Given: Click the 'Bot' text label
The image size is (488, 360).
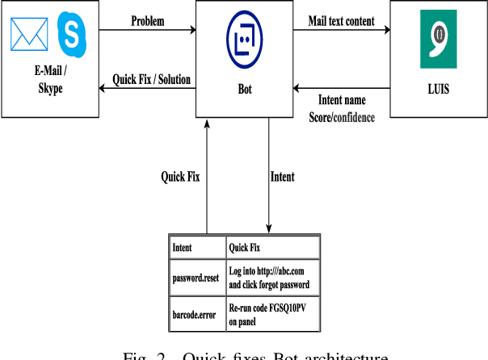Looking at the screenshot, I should [x=242, y=89].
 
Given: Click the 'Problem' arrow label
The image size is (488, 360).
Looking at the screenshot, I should [x=148, y=21].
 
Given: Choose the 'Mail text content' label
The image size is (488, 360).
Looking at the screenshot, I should [x=342, y=21].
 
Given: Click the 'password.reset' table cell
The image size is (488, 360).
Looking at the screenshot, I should [x=196, y=278].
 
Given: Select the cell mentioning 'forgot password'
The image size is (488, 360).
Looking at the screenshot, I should [x=272, y=278].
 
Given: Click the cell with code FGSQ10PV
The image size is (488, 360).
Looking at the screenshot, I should [x=272, y=314].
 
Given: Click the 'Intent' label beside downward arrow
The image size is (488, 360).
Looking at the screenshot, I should [x=282, y=177].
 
